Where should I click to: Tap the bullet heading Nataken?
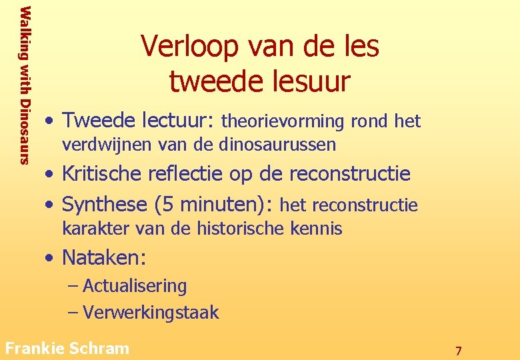pos(104,257)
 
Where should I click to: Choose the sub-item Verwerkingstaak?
pos(151,313)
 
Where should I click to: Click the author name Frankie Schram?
pos(67,347)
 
